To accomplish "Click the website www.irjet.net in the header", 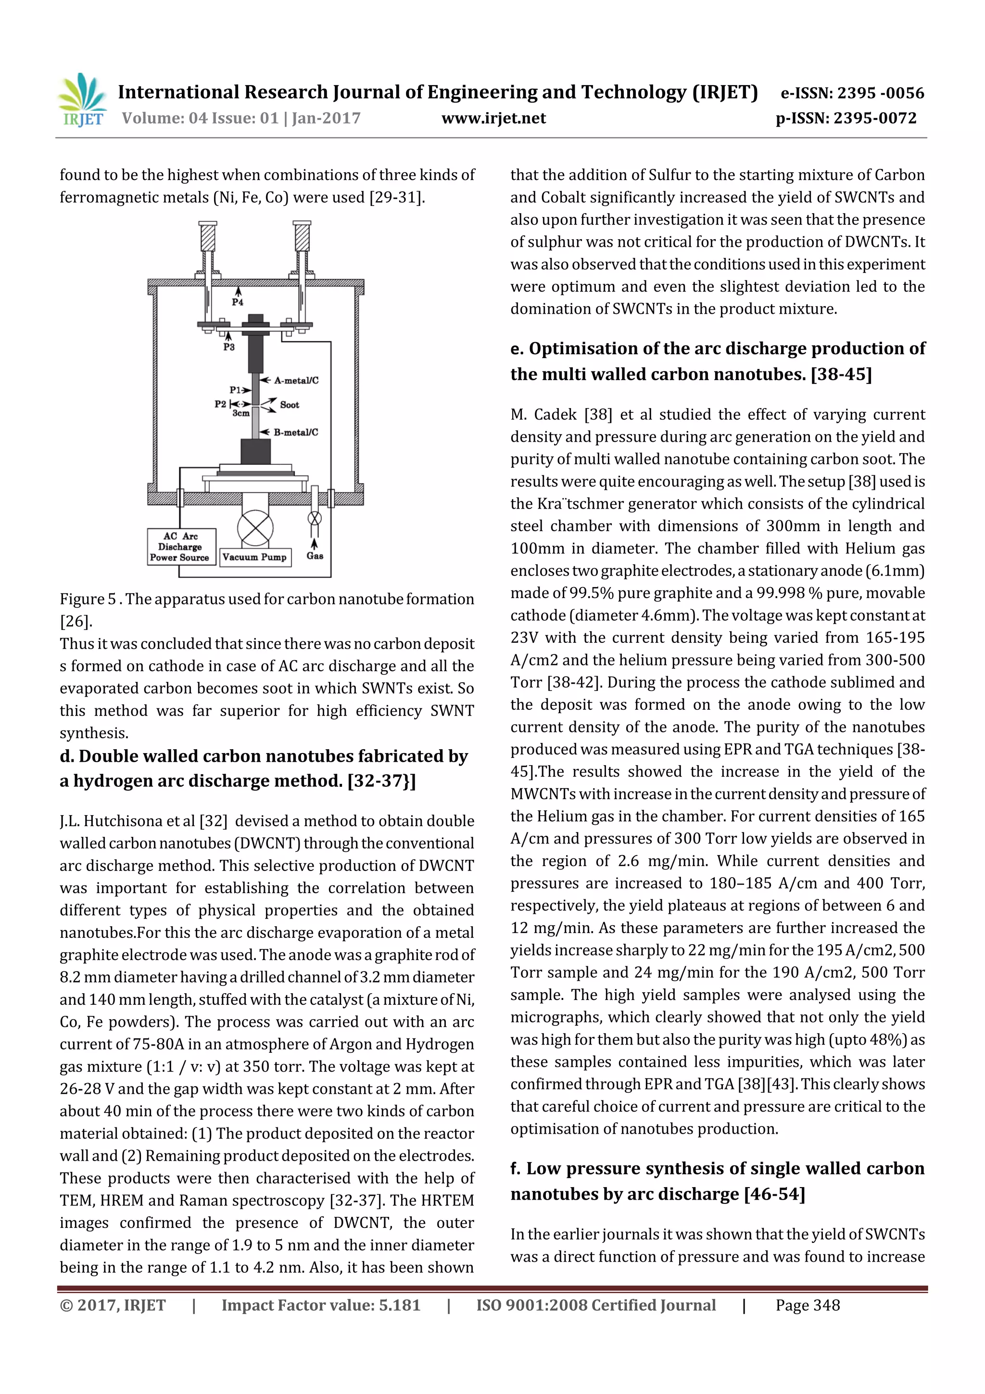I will tap(493, 118).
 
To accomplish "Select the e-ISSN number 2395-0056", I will tap(881, 93).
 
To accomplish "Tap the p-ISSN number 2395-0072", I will tap(874, 118).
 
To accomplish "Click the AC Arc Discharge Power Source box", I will tap(180, 547).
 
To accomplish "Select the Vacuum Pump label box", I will tap(254, 557).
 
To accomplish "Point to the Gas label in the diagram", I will tap(315, 556).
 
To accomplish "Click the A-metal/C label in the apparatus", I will tap(296, 380).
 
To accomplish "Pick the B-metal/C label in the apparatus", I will tap(296, 432).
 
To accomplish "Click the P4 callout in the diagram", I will tap(237, 302).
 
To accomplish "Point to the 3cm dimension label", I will tap(240, 413).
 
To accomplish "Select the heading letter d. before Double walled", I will tap(67, 756).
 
